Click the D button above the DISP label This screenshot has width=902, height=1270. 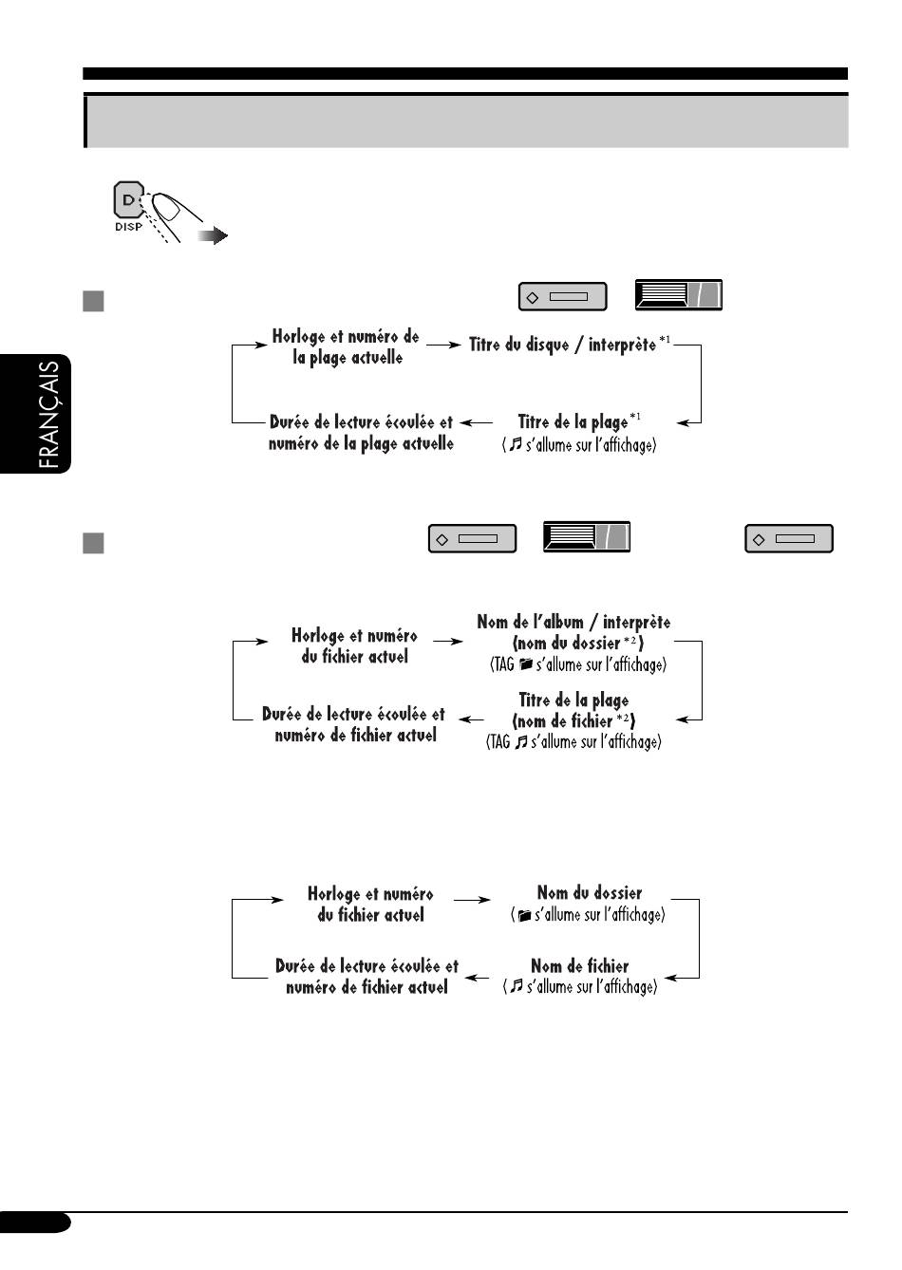[129, 199]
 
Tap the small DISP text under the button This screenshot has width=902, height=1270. [129, 227]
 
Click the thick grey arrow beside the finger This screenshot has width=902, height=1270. [214, 235]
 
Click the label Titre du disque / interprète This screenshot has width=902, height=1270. [562, 345]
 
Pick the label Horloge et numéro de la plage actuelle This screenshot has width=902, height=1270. [346, 346]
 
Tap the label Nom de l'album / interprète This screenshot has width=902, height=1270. [573, 622]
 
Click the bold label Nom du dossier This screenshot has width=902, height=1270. [590, 893]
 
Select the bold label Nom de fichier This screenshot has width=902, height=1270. [580, 965]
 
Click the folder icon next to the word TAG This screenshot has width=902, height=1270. [525, 663]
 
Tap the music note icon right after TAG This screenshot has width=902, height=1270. [520, 741]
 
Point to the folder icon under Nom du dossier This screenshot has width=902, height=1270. [524, 915]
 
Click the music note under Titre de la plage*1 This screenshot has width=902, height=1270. [516, 444]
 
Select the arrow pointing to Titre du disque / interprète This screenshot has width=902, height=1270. [443, 345]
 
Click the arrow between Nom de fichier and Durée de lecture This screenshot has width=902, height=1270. [477, 978]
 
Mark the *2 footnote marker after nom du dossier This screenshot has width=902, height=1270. [630, 641]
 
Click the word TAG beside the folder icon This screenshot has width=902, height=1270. [502, 663]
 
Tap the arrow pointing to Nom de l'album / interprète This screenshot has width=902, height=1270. [448, 642]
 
